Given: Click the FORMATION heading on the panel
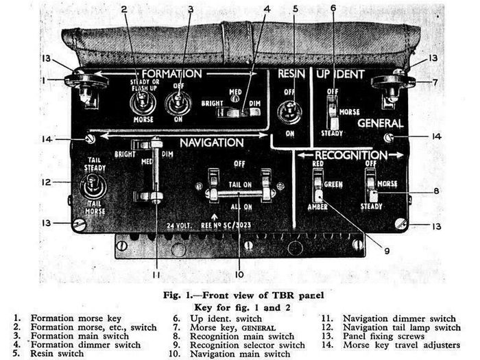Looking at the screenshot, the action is pos(171,74).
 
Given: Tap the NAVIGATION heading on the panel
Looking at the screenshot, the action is pos(211,143).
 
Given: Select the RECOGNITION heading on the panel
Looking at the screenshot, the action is pos(351,155).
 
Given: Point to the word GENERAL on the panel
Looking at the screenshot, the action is pos(381,123).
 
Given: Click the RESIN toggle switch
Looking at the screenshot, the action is pos(289,112).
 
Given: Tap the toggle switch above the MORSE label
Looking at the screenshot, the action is pos(143,103).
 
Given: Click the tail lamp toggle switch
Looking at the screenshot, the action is pos(93,186).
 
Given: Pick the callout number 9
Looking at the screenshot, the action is pos(387,251).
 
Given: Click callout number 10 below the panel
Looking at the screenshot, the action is pos(239,274).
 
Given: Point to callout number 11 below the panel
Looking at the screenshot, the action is pos(156,275).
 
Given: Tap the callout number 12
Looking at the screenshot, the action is pos(47,182).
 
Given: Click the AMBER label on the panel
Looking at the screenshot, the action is pos(317,207).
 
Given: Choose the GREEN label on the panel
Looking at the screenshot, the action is pos(333,184).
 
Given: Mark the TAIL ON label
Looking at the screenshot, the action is pos(240,184).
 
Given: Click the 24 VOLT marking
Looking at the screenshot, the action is pos(179,226).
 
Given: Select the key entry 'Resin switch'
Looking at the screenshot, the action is pos(57,353).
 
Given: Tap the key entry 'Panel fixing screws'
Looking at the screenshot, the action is pos(383,336).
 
